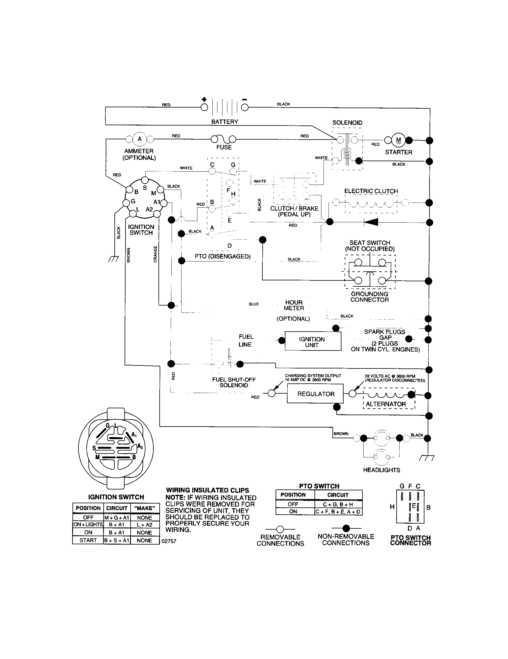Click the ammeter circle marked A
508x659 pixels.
point(139,139)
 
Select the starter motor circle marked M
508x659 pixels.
point(398,140)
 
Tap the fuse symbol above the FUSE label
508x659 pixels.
point(223,139)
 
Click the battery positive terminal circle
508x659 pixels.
point(204,107)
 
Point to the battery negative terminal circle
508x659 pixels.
point(245,107)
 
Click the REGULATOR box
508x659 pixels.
point(315,394)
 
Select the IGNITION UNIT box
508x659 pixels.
point(312,341)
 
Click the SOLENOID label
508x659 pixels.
point(347,123)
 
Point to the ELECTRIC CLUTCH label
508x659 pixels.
point(371,191)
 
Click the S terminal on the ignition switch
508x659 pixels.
point(145,180)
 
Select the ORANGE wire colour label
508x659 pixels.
point(155,254)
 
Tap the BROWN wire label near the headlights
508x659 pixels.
point(341,434)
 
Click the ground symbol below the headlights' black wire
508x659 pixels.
point(427,458)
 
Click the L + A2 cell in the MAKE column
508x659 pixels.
point(144,525)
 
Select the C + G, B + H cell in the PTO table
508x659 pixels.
point(338,504)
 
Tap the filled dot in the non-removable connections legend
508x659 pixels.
point(346,528)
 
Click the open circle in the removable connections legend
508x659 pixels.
point(280,529)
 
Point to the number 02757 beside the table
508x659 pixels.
point(169,541)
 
